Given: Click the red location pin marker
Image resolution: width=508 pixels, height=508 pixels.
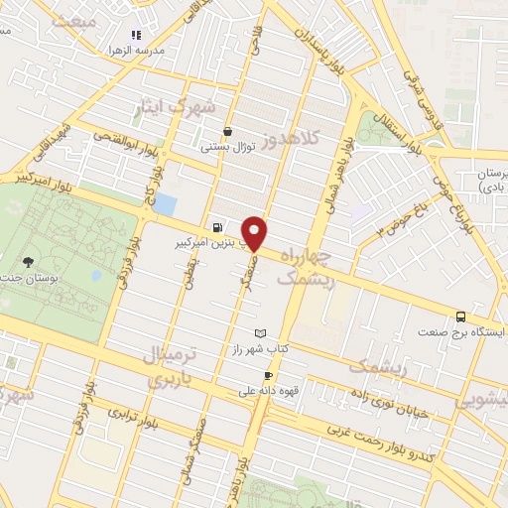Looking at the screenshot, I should pos(255,232).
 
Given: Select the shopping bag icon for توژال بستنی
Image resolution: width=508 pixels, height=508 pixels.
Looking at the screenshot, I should pos(229,130).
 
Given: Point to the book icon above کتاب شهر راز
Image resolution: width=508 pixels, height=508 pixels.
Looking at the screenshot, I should pos(261,332).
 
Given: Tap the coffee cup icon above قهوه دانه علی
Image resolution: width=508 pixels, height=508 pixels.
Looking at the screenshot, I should pos(268,375).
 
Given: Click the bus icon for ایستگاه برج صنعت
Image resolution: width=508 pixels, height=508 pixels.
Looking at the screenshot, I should pos(460,316).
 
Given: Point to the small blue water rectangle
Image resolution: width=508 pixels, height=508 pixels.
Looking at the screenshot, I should pos(164,205).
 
